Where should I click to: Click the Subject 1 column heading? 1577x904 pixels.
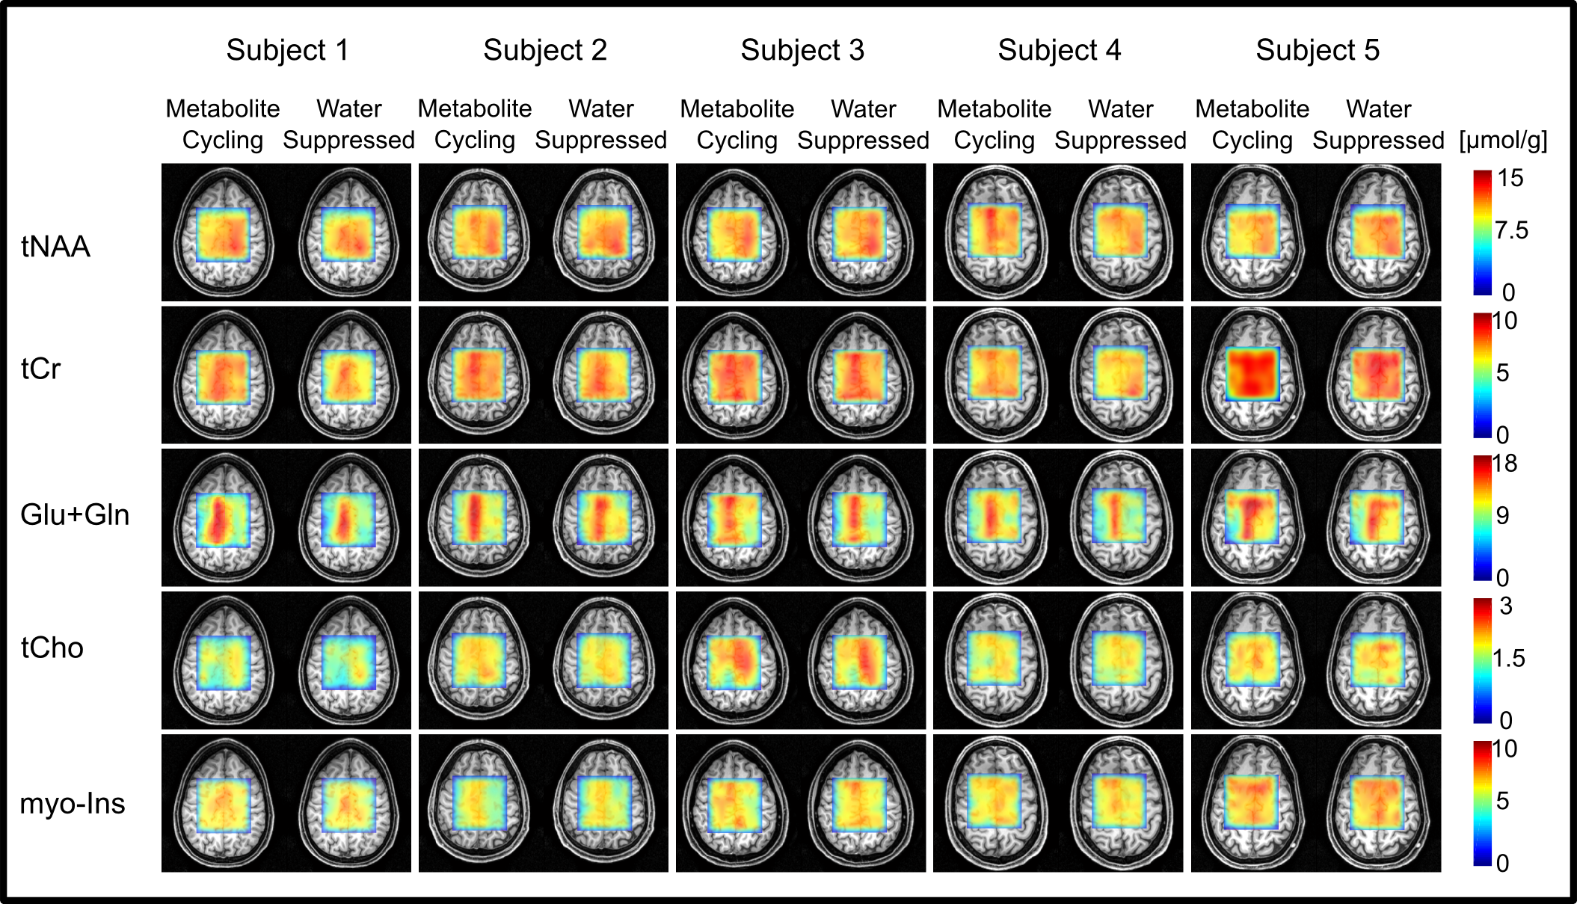(287, 50)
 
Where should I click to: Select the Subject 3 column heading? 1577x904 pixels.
(802, 50)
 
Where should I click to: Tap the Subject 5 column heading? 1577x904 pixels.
(1317, 50)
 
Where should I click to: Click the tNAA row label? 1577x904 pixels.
(55, 246)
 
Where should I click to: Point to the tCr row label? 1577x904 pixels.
(40, 369)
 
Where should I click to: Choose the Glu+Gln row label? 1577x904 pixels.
(75, 514)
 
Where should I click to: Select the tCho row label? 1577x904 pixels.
(52, 648)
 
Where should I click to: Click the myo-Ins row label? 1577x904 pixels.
(72, 803)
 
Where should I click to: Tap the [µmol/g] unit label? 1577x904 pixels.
(1503, 140)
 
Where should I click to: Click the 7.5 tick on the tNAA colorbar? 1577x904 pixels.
(1511, 230)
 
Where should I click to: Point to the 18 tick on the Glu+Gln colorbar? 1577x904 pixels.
(1504, 464)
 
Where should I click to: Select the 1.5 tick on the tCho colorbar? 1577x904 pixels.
(1508, 658)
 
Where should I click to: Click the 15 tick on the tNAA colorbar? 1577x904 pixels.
(1510, 178)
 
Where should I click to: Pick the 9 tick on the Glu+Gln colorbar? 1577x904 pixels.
(1502, 515)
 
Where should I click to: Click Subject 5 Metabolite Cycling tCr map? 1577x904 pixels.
(1252, 373)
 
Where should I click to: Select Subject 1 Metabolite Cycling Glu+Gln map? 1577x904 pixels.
(223, 519)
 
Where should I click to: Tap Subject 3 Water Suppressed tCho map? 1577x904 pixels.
(860, 662)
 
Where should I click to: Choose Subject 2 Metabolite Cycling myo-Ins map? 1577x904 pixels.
(479, 804)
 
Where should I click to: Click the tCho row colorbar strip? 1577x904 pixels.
(1482, 660)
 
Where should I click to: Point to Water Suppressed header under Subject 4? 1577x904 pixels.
(1120, 125)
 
